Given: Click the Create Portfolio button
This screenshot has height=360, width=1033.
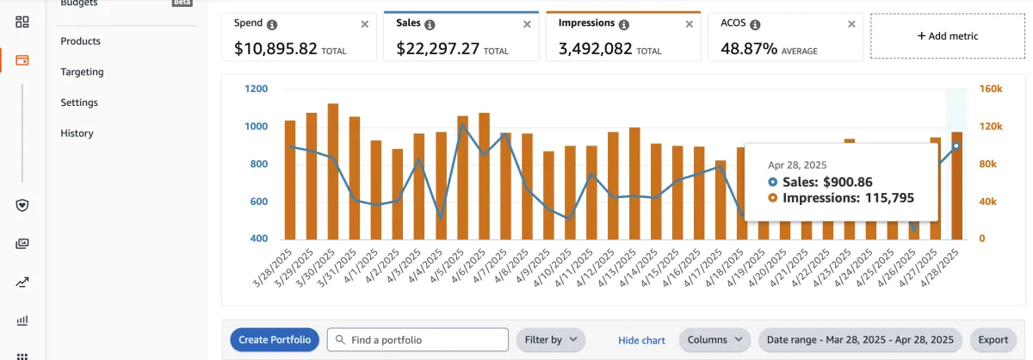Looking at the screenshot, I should (x=274, y=339).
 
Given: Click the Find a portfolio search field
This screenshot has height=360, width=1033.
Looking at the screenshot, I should (x=418, y=339).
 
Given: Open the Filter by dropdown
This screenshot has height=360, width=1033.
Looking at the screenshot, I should (x=550, y=339).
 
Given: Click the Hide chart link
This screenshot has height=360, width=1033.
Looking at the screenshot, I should (x=641, y=340).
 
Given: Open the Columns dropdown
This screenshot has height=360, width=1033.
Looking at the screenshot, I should (x=714, y=339).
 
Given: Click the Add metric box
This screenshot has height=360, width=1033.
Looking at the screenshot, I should (x=947, y=36).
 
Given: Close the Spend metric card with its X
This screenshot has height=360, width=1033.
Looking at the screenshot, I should (x=365, y=24).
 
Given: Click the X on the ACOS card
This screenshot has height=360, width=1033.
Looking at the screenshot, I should (x=851, y=24).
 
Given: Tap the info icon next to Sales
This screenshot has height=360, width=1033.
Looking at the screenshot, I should (x=430, y=25).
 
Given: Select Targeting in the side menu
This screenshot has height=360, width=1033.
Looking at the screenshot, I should (x=82, y=72).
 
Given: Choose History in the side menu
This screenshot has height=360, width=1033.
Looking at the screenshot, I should (x=77, y=133).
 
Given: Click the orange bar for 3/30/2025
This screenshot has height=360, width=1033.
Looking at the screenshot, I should (x=333, y=171).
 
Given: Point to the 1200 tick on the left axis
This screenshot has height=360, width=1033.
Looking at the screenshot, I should (x=257, y=89).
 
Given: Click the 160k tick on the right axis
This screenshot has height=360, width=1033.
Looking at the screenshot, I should (x=991, y=89).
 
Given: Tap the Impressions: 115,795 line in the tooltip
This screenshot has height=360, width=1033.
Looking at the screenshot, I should (x=842, y=197).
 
